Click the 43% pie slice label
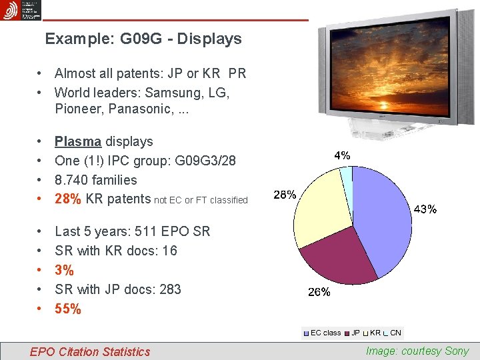click(426, 209)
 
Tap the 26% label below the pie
click(318, 292)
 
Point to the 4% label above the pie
click(342, 155)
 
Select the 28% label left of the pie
click(285, 195)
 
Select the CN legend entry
click(395, 333)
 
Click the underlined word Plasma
click(78, 141)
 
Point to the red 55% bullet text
click(68, 309)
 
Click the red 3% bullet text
click(64, 270)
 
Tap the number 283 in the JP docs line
click(170, 289)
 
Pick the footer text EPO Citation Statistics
click(90, 351)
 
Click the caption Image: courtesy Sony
click(417, 351)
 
